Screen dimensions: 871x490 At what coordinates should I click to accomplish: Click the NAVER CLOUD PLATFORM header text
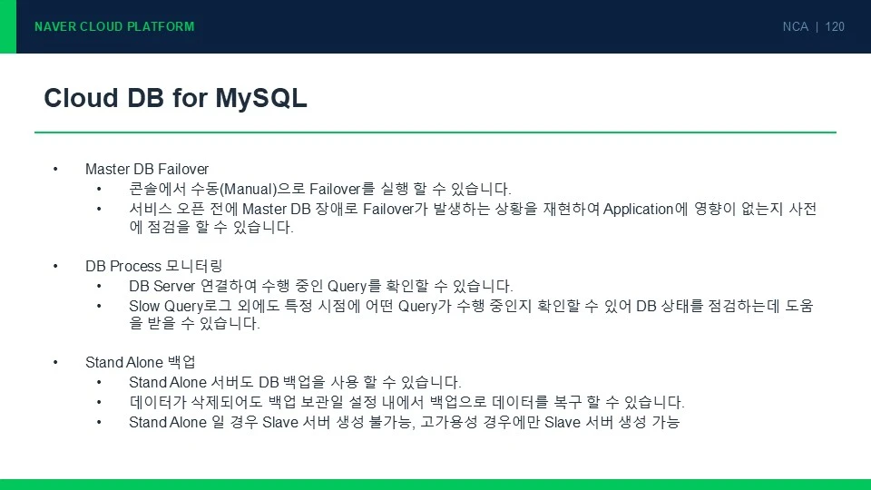coord(114,26)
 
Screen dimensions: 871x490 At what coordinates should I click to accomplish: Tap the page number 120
coord(835,26)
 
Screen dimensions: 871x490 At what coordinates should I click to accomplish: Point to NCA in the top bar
coord(795,26)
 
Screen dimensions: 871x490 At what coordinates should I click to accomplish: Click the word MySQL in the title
coord(261,99)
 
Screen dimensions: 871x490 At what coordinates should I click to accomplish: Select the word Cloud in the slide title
coord(81,98)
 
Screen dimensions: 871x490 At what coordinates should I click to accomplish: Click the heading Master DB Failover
coord(147,169)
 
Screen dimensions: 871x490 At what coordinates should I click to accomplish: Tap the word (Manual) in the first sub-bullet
coord(249,190)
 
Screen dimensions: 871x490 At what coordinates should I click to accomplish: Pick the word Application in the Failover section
coord(638,210)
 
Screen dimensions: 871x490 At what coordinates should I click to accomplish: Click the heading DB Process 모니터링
coord(154,266)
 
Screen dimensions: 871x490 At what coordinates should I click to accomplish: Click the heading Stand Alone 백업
coord(140,362)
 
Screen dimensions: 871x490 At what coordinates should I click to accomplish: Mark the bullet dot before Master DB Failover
coord(55,169)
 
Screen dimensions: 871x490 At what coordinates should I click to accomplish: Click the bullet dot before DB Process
coord(55,266)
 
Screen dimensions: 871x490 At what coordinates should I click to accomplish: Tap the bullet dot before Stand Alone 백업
coord(55,362)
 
